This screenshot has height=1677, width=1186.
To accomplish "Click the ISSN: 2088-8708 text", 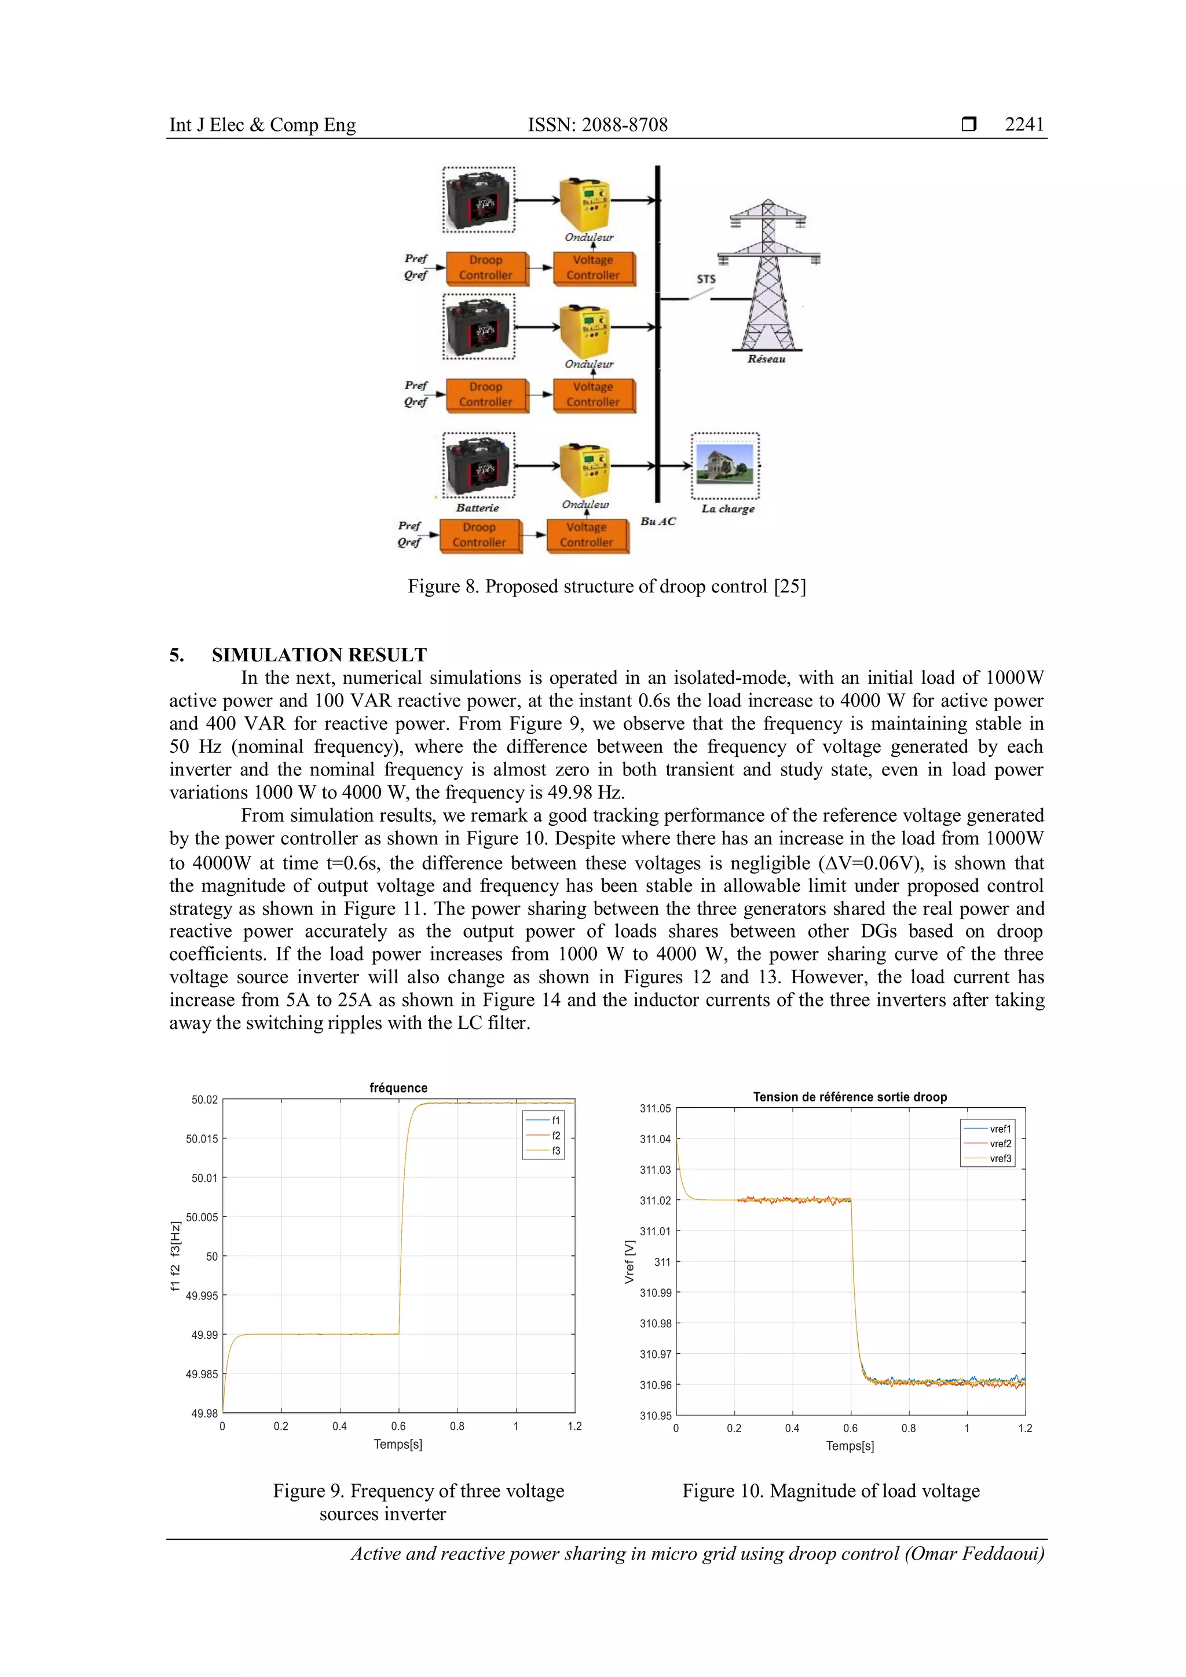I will click(598, 125).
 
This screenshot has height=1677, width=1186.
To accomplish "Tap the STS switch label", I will click(705, 279).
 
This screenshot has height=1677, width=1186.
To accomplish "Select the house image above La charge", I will click(724, 465).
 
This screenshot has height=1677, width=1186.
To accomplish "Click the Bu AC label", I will click(657, 522).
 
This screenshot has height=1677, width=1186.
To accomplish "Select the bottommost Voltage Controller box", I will click(587, 534).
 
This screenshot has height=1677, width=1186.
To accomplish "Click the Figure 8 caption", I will click(606, 587).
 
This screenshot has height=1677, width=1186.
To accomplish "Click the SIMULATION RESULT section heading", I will click(319, 654).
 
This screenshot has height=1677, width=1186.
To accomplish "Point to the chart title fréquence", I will click(398, 1088).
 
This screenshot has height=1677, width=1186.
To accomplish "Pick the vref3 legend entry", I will click(1000, 1158).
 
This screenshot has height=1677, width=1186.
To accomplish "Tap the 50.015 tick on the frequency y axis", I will click(202, 1138).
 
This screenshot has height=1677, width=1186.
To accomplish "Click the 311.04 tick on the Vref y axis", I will click(654, 1138).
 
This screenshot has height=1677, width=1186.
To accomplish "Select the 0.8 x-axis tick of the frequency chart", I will click(457, 1426).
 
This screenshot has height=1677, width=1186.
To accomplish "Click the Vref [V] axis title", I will click(629, 1261).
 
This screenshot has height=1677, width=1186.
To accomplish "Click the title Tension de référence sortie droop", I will click(850, 1096).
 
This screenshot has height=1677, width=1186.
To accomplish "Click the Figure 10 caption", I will click(830, 1491).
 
